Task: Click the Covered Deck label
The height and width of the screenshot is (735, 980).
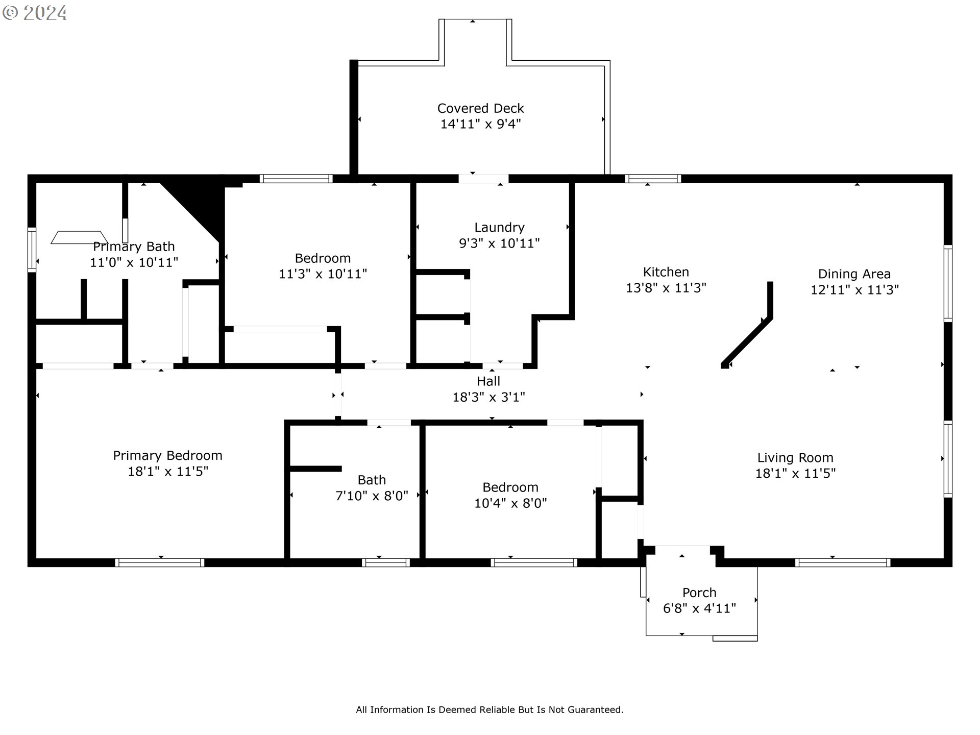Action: (480, 108)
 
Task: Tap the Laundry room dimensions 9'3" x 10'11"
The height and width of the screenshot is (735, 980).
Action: (499, 243)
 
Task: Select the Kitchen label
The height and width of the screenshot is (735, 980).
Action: (666, 272)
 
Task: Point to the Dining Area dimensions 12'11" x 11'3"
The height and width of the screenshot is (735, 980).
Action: (854, 289)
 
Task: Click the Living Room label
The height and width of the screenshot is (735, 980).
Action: (795, 458)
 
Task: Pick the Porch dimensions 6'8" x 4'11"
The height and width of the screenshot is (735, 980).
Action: (699, 608)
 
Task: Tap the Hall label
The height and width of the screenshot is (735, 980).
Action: (488, 381)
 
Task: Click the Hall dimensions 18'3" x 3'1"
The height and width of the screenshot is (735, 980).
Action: (488, 397)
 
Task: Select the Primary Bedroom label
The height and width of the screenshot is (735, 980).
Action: (167, 456)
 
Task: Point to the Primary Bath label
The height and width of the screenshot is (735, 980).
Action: (134, 247)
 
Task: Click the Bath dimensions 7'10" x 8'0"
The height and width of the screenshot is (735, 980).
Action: (372, 496)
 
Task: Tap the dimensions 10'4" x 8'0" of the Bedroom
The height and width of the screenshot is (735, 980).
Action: (510, 503)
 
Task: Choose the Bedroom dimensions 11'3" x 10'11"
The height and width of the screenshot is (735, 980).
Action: (323, 274)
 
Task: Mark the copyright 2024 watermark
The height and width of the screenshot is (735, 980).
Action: (35, 13)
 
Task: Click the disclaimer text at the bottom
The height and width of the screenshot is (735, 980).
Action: (489, 709)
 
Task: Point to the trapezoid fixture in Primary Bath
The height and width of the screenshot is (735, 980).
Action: (79, 237)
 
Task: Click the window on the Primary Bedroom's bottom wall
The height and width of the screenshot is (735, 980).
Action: (160, 562)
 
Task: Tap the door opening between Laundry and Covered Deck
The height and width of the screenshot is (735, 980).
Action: (483, 179)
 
